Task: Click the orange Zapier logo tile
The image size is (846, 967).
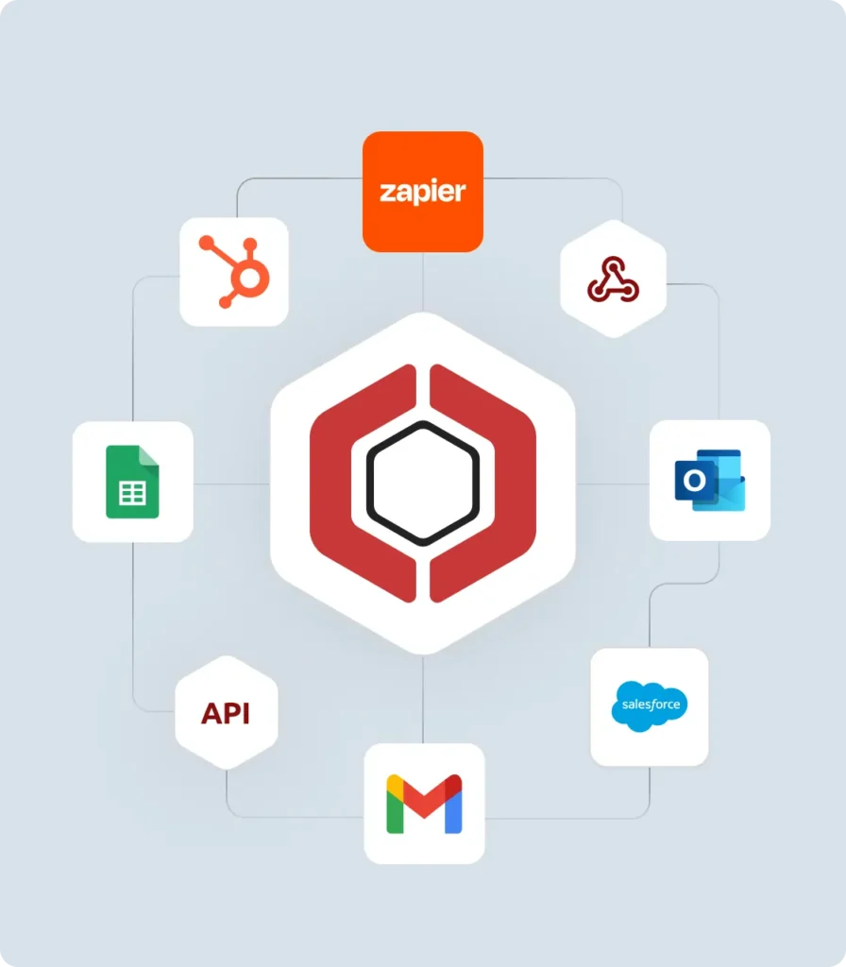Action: click(423, 192)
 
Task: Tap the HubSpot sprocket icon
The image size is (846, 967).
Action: click(234, 272)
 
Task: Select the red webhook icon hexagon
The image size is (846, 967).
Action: click(613, 279)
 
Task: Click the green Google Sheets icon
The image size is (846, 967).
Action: click(132, 482)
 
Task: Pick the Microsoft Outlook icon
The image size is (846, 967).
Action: click(710, 481)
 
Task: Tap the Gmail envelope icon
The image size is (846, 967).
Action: click(424, 804)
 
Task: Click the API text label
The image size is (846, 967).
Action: click(226, 714)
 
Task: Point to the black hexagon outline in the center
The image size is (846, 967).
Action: click(423, 483)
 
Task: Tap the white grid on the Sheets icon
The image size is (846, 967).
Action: click(131, 493)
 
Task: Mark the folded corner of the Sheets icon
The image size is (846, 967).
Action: click(149, 455)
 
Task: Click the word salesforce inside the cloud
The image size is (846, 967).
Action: click(649, 704)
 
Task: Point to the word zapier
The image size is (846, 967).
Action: click(423, 193)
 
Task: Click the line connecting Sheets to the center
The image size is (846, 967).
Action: click(231, 483)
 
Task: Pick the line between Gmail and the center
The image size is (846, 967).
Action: click(423, 699)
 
